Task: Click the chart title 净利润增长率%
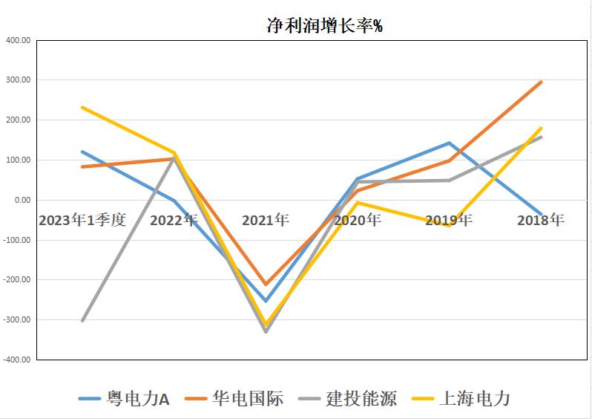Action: pyautogui.click(x=324, y=25)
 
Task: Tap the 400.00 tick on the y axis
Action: pyautogui.click(x=18, y=40)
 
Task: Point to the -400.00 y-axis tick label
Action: pyautogui.click(x=16, y=360)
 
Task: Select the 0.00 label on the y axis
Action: pyautogui.click(x=21, y=200)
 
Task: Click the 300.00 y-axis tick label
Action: pyautogui.click(x=18, y=80)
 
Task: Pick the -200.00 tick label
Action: pyautogui.click(x=16, y=280)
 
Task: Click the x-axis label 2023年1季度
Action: pyautogui.click(x=82, y=221)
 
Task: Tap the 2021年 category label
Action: pyautogui.click(x=266, y=221)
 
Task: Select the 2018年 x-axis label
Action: pyautogui.click(x=541, y=221)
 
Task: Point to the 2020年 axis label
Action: pyautogui.click(x=358, y=221)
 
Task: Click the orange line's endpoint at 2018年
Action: pyautogui.click(x=541, y=82)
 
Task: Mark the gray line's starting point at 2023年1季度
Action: pyautogui.click(x=82, y=320)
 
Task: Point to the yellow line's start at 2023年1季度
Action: pyautogui.click(x=82, y=107)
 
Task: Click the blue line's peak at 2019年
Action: pyautogui.click(x=449, y=143)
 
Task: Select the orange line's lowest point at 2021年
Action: pyautogui.click(x=266, y=285)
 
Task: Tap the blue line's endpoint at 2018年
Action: pyautogui.click(x=541, y=215)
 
